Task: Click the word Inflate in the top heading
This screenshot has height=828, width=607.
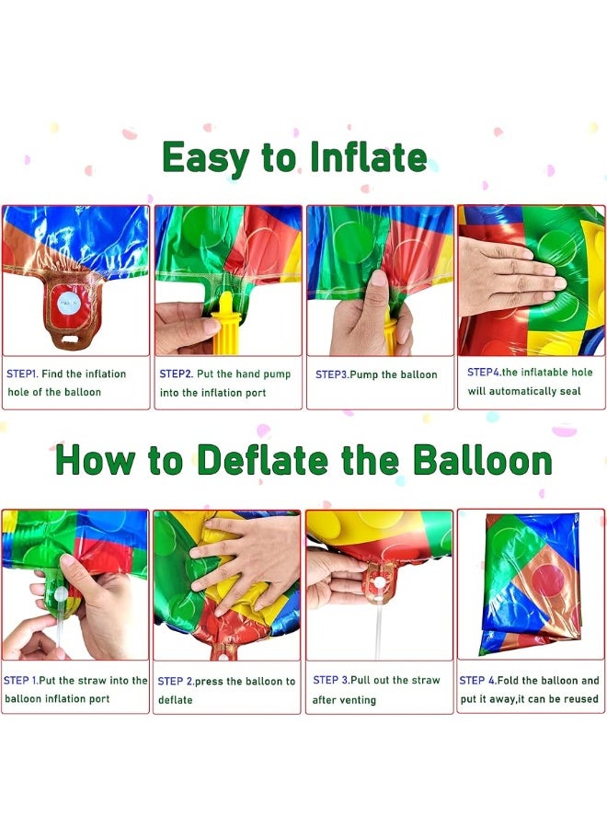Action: (369, 156)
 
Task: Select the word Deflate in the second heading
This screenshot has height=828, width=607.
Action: (262, 461)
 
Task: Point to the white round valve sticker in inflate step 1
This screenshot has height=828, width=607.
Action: (69, 303)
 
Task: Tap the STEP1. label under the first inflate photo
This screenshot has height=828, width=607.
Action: (22, 374)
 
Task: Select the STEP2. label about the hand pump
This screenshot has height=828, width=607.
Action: (176, 374)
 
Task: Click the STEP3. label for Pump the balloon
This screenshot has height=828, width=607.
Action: (332, 374)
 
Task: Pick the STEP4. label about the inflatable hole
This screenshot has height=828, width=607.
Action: (484, 373)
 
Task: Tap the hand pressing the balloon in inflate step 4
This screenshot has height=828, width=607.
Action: (507, 279)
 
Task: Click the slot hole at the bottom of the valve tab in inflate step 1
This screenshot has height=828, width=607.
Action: (69, 338)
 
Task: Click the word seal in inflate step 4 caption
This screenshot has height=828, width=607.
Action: (570, 391)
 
